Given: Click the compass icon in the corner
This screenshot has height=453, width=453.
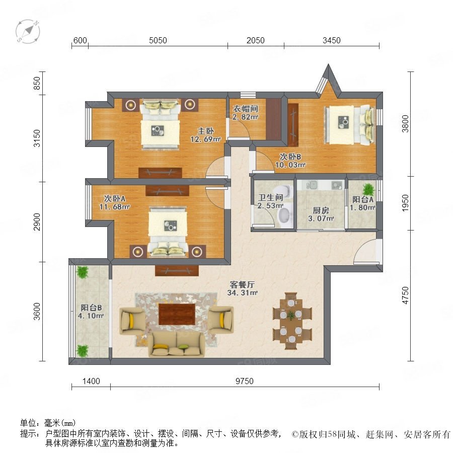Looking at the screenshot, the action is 28,31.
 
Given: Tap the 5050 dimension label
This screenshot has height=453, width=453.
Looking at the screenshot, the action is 158,40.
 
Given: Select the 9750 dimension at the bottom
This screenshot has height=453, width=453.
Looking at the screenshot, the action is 245,381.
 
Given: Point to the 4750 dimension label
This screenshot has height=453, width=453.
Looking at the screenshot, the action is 406,295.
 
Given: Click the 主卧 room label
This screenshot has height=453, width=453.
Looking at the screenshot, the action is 206,131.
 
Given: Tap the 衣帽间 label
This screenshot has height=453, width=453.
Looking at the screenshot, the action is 245,109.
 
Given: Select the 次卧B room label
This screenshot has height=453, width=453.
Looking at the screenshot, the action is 290,157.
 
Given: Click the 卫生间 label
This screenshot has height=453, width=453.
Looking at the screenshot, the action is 270,198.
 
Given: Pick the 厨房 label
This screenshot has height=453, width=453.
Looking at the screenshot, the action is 321,210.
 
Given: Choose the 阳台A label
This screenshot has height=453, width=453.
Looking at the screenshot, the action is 362,199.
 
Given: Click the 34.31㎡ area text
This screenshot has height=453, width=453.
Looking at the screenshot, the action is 242,292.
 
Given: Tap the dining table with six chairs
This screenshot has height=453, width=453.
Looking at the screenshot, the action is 292,321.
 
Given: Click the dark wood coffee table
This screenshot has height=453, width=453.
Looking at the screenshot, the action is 177,314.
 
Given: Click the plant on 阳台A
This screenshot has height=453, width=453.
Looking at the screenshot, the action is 368,190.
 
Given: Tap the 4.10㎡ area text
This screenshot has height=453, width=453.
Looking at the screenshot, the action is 91,316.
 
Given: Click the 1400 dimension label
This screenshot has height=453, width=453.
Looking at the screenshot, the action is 91,381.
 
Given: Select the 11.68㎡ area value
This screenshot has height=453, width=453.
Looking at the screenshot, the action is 114,207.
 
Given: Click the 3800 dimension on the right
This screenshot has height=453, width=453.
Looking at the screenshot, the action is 406,124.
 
